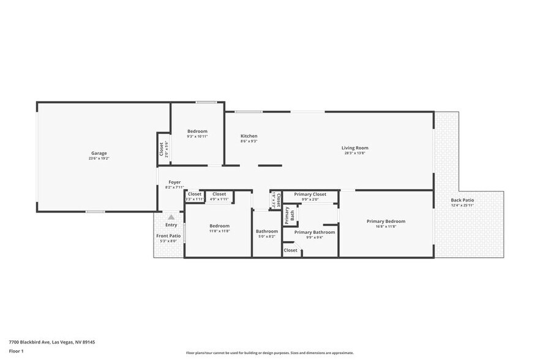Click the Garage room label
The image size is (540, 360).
99,153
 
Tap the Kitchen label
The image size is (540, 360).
249,136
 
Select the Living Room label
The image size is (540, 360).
354,148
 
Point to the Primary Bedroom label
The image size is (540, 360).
386,221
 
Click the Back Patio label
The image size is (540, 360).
462,200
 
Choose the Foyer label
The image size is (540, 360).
174,182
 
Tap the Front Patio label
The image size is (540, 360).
168,236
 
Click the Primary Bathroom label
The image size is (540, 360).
315,232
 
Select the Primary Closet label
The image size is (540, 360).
310,194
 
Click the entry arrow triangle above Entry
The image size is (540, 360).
171,217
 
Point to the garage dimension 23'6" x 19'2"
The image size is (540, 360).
99,159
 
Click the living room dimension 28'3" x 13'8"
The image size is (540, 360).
354,153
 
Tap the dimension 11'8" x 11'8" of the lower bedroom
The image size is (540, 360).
219,231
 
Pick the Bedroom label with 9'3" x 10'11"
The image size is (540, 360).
197,131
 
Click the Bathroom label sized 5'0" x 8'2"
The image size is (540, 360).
267,231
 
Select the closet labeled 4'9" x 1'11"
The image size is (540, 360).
219,194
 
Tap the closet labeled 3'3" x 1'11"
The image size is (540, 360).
194,194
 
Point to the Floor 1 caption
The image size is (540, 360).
16,351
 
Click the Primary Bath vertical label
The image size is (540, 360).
289,214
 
